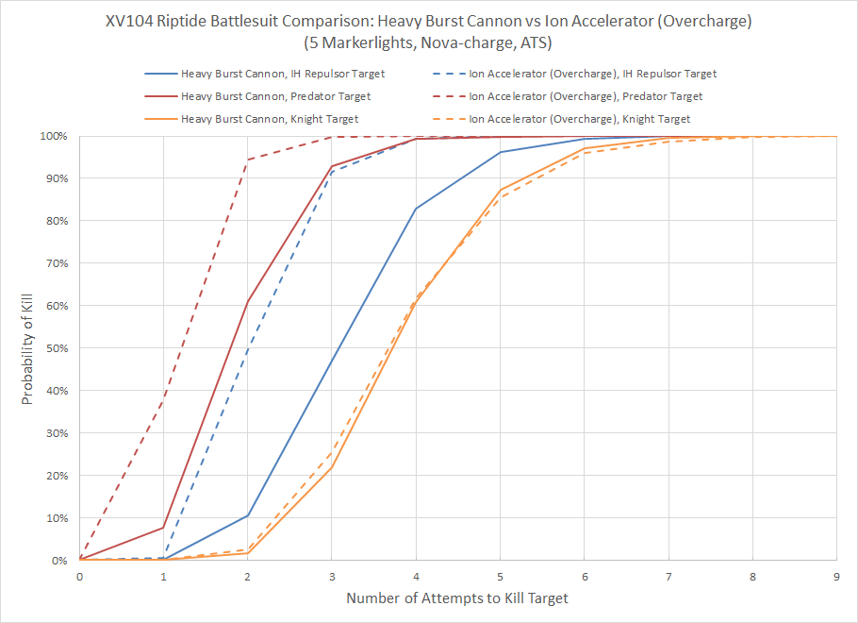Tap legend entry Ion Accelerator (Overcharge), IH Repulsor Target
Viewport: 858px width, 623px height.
pyautogui.click(x=593, y=74)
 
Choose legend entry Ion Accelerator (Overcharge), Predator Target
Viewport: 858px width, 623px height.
pyautogui.click(x=586, y=96)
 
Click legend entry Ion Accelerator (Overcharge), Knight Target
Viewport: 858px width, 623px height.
pyautogui.click(x=580, y=119)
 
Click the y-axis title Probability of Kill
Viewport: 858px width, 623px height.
pyautogui.click(x=28, y=348)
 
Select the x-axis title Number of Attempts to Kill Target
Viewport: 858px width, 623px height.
pyautogui.click(x=457, y=598)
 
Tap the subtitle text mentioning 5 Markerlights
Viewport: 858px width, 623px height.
pyautogui.click(x=429, y=42)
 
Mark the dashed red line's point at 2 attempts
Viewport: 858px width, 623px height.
pyautogui.click(x=248, y=160)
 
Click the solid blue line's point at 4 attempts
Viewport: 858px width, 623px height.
pyautogui.click(x=416, y=209)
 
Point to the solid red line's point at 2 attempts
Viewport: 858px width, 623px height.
pyautogui.click(x=248, y=302)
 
